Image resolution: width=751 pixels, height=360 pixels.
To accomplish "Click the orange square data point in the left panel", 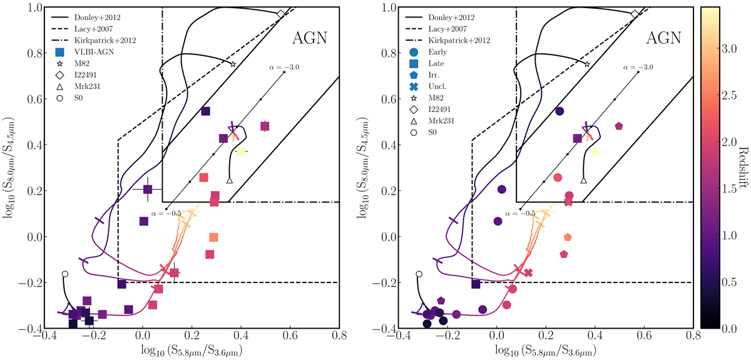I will [x=213, y=237].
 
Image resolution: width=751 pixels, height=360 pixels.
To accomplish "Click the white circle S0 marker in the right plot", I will [x=419, y=274].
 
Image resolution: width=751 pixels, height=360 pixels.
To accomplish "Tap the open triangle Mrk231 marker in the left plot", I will [x=229, y=180].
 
